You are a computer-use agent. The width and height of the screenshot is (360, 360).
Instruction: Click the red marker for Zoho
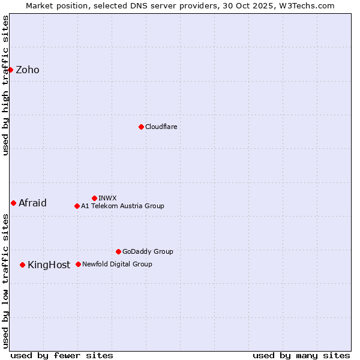[10, 70]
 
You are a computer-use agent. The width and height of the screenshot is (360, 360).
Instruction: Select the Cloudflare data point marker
[141, 127]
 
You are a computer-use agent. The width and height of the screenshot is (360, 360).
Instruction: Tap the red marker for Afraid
[13, 203]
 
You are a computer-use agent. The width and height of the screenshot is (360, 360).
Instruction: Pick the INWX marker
[94, 198]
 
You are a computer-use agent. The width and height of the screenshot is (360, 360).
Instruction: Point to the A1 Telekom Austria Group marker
[77, 206]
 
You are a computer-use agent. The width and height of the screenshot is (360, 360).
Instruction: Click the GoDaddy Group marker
[118, 251]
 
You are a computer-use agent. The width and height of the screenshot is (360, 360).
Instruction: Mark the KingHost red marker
[22, 265]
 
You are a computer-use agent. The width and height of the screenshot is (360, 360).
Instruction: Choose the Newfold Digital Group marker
[78, 264]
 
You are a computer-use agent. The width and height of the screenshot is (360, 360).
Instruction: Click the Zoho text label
[28, 70]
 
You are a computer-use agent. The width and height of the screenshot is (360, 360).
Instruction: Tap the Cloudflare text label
[161, 127]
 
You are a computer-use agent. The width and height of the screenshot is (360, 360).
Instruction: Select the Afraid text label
[32, 203]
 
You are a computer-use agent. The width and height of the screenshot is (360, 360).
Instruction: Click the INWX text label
[107, 198]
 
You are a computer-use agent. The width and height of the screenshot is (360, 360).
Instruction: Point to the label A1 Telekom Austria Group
[122, 206]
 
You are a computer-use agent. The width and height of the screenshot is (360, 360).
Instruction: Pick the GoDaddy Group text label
[148, 251]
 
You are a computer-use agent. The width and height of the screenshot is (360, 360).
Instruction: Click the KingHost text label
[49, 265]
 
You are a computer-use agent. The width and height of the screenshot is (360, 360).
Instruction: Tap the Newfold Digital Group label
[117, 264]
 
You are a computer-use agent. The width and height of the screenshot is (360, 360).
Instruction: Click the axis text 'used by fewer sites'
[62, 355]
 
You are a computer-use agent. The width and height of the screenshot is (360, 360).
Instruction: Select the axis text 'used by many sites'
[301, 355]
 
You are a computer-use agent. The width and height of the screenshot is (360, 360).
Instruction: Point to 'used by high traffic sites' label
[5, 85]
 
